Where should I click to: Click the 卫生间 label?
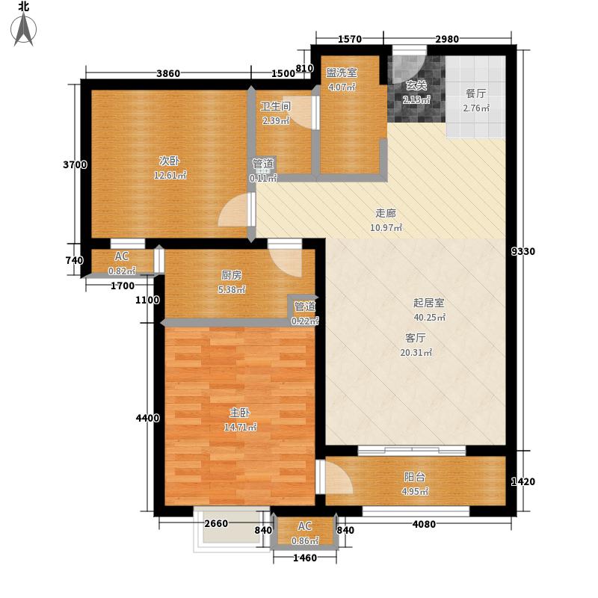[275, 106]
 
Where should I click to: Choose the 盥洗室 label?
[342, 73]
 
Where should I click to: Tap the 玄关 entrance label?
[416, 86]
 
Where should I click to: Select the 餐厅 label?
[476, 94]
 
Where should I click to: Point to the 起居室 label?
[429, 303]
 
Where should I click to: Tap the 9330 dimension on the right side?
[524, 251]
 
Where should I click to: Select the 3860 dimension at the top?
[168, 73]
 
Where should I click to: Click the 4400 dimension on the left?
[147, 419]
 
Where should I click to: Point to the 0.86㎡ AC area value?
[305, 540]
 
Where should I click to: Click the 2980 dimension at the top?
[446, 40]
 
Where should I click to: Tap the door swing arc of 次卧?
[233, 215]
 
